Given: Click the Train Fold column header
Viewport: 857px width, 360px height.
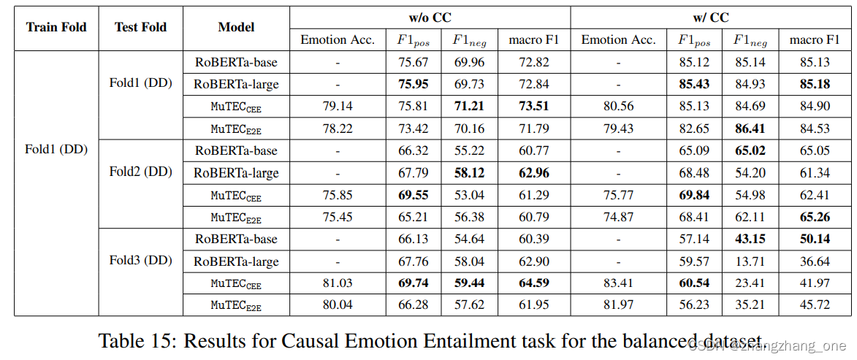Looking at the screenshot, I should (x=56, y=28).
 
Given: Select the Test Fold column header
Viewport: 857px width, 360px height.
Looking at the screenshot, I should (x=140, y=28).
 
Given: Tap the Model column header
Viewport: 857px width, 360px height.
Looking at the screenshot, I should (x=236, y=28).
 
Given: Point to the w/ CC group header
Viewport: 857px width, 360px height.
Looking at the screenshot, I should (x=710, y=17).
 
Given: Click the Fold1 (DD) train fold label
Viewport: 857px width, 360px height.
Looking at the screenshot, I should (x=56, y=150).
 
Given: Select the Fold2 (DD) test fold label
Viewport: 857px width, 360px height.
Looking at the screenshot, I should (x=140, y=172).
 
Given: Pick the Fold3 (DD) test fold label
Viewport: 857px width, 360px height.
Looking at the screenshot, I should (x=140, y=261).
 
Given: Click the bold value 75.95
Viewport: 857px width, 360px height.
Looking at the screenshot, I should (x=414, y=84).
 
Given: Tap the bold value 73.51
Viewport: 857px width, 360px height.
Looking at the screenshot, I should (x=533, y=107).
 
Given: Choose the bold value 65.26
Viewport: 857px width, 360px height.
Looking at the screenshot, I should (x=815, y=217).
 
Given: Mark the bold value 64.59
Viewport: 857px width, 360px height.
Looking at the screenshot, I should (x=533, y=283).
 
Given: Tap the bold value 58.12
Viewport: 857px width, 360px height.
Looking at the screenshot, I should (x=469, y=173).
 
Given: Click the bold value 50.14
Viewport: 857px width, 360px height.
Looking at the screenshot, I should (x=815, y=239).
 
